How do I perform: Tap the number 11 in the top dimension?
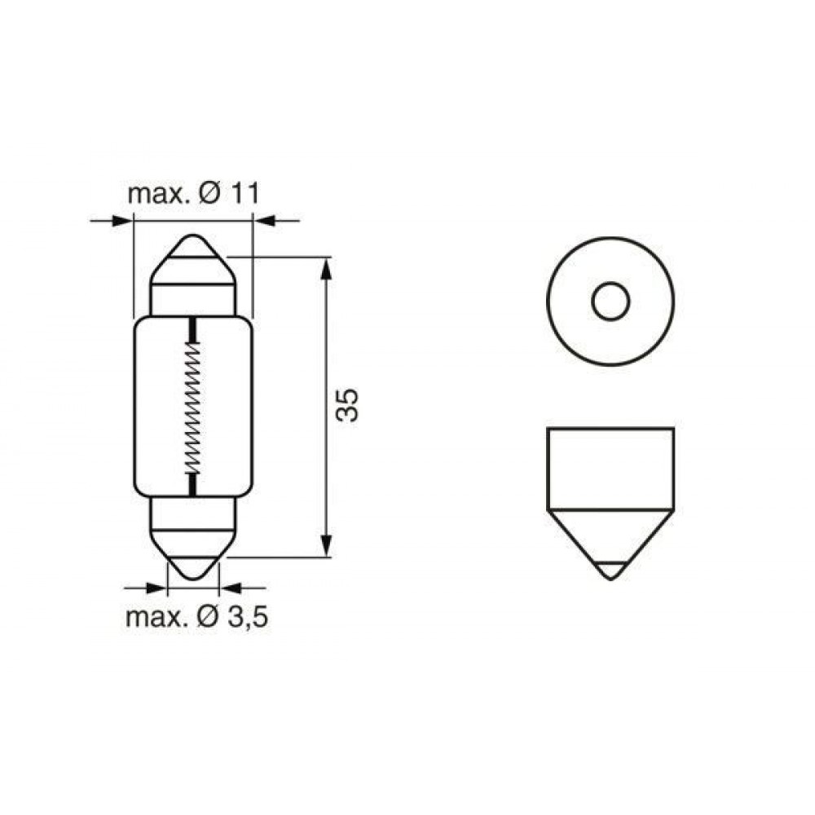[x=244, y=194]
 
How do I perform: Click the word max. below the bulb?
[x=155, y=619]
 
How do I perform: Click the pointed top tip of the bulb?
[x=193, y=236]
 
